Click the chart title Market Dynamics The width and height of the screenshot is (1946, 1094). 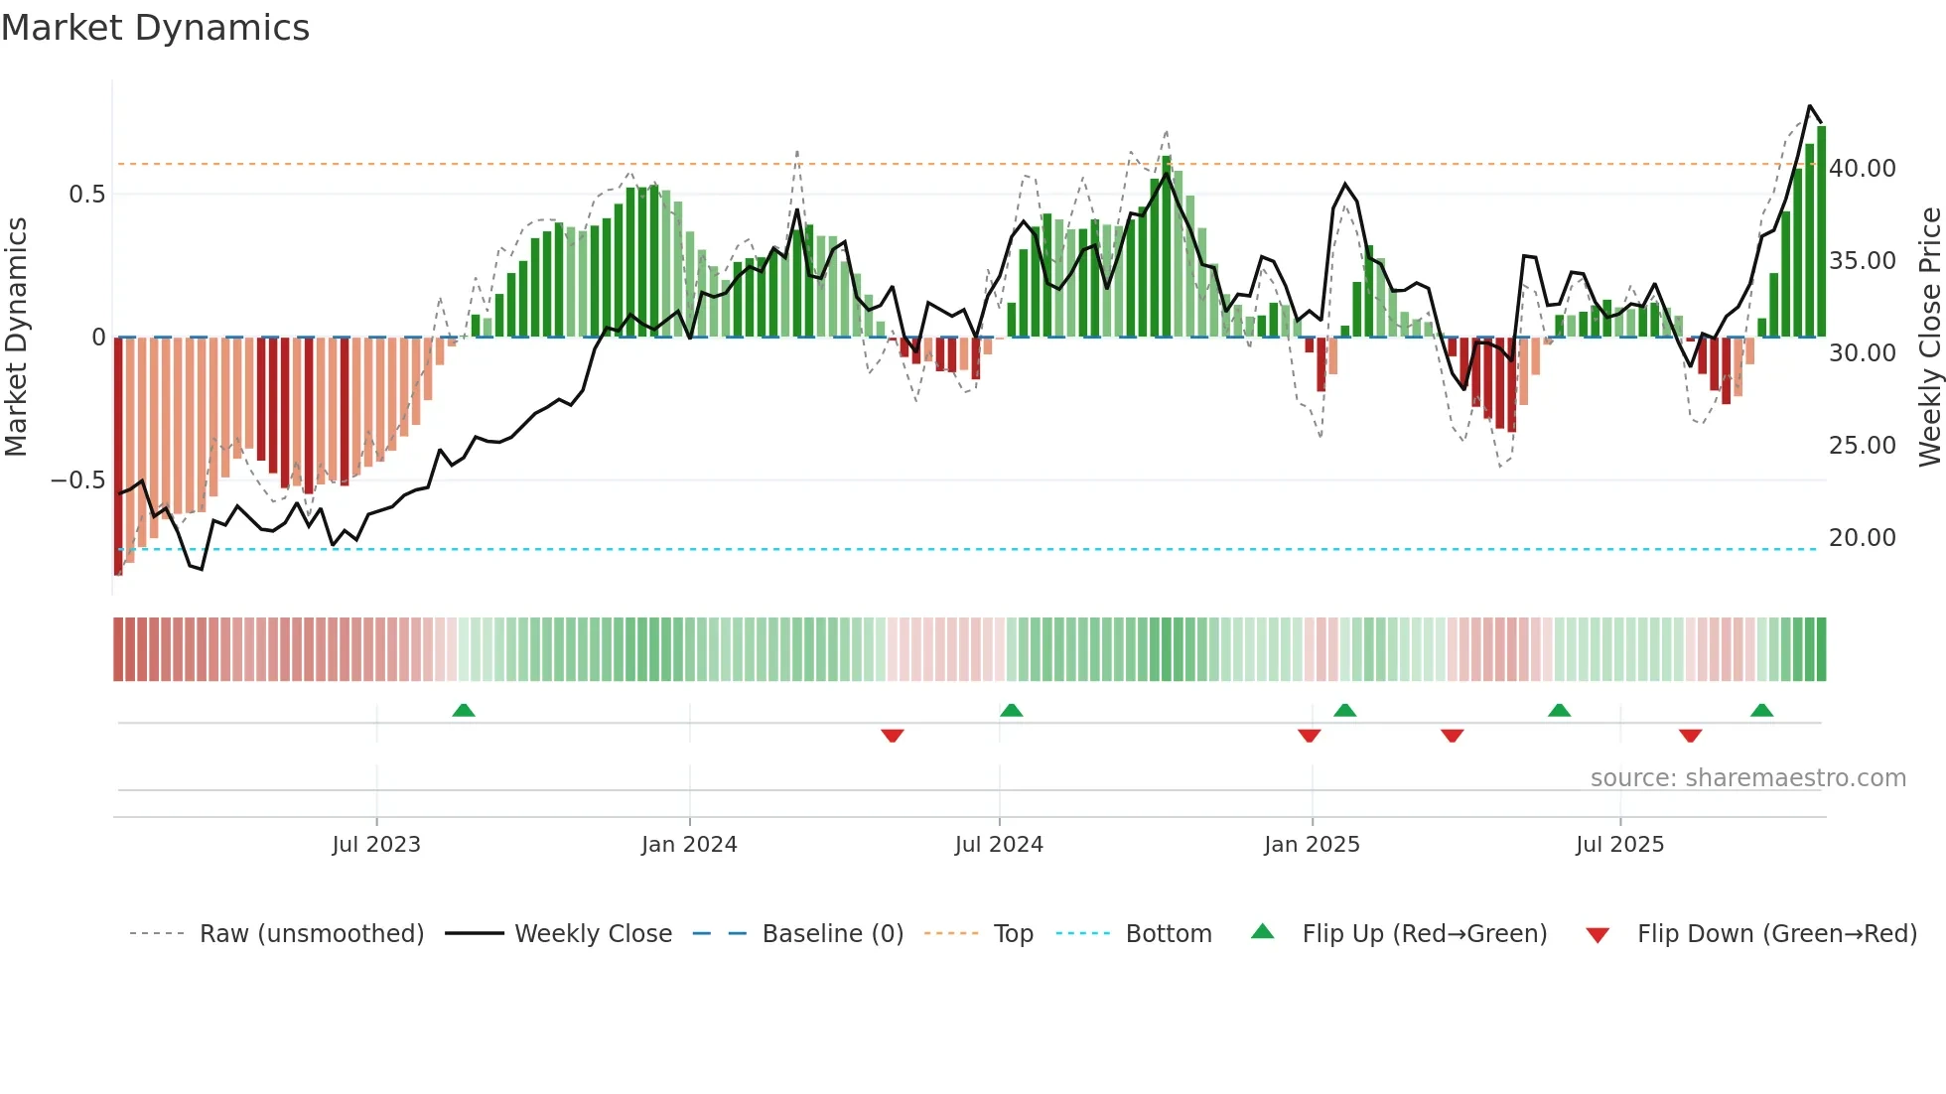point(155,28)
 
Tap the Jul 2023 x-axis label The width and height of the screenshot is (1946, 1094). point(376,845)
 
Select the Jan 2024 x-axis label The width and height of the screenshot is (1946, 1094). point(689,845)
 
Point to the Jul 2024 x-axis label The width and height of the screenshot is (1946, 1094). point(999,845)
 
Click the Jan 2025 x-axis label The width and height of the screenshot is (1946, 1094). point(1312,845)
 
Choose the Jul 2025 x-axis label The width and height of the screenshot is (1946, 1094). point(1619,845)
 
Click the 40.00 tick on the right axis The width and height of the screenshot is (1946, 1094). point(1863,169)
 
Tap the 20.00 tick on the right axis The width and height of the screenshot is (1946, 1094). point(1863,538)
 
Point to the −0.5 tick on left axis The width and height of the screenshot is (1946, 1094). point(77,480)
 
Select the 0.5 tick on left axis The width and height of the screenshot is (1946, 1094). point(86,195)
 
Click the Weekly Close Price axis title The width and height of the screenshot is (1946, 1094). point(1929,338)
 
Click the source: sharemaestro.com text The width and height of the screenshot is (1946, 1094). point(1747,778)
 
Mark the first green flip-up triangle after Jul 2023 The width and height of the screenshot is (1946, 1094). point(464,710)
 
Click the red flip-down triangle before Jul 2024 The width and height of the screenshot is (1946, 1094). point(892,736)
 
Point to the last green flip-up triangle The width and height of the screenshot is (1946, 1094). point(1761,710)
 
